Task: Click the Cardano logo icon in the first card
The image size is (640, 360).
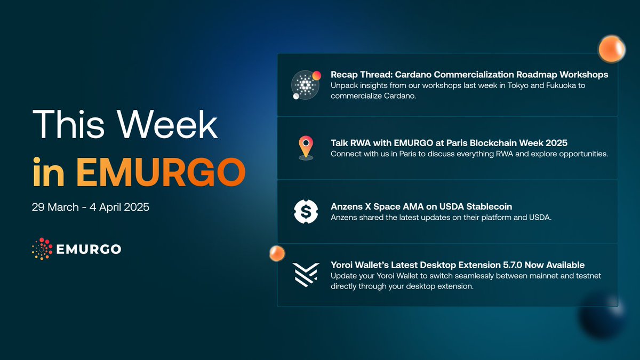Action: (x=305, y=85)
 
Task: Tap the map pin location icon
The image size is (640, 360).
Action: (x=306, y=148)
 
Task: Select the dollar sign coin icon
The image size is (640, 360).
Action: (x=306, y=212)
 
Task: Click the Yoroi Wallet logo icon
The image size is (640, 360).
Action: (x=306, y=275)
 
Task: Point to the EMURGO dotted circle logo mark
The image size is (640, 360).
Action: (x=42, y=249)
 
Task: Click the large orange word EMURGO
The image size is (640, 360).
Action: (x=161, y=172)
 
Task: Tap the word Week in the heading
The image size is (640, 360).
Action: (x=167, y=124)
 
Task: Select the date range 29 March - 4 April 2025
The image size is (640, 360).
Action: (x=91, y=207)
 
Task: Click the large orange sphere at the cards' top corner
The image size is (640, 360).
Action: (x=612, y=49)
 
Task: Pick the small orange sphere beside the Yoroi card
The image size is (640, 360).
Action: (x=277, y=253)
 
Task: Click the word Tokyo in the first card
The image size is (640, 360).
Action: (x=518, y=85)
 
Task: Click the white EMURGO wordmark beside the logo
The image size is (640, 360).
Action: (x=89, y=249)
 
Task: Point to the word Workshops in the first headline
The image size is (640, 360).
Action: (x=583, y=75)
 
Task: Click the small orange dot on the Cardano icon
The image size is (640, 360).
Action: (x=316, y=75)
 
